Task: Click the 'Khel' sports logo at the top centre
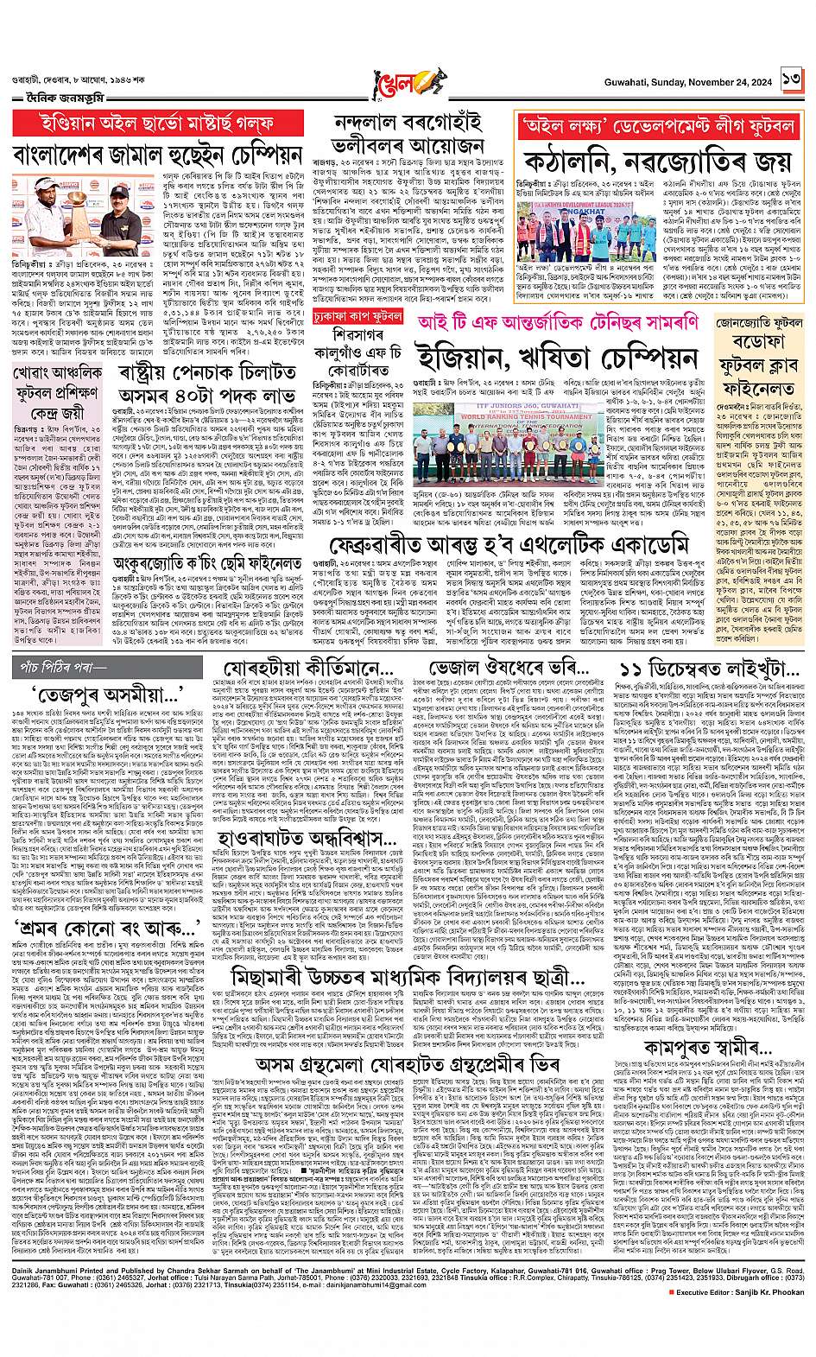click(x=408, y=86)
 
